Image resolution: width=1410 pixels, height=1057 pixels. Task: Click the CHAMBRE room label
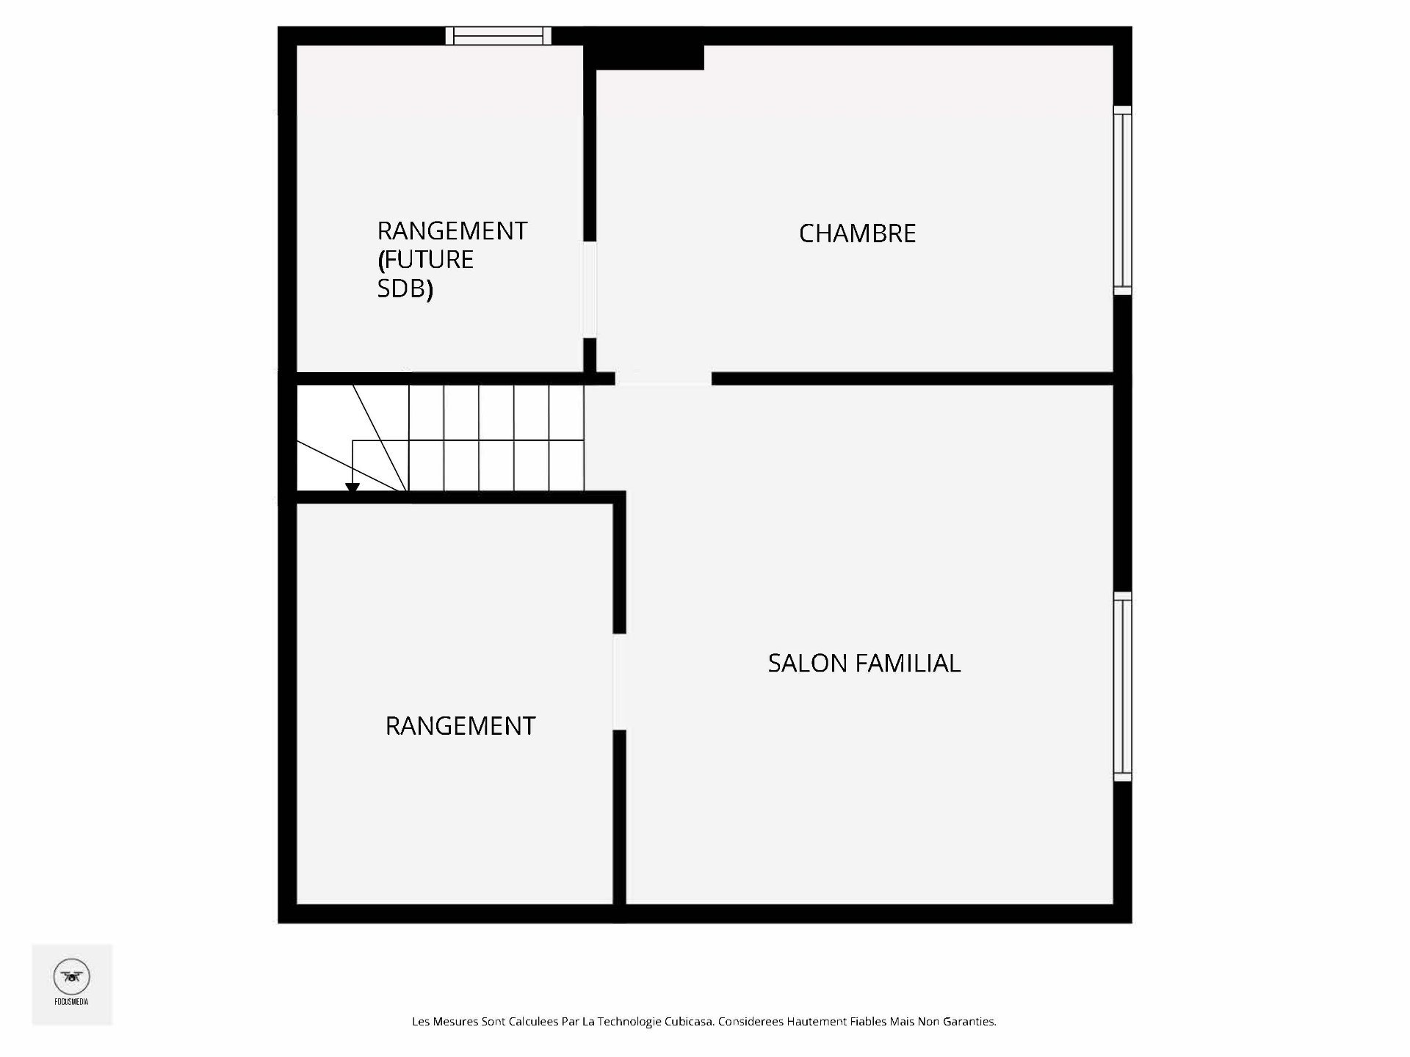tap(857, 233)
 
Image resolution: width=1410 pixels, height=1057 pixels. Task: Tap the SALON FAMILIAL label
tap(864, 663)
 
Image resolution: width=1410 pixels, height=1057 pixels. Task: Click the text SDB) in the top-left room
tap(405, 289)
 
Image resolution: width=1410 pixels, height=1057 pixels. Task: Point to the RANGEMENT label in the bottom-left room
tap(460, 726)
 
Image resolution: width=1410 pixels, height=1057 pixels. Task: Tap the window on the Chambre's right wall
tap(1122, 200)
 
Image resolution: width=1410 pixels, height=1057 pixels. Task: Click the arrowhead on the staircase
tap(352, 487)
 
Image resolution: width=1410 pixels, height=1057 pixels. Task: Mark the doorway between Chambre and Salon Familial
tap(663, 379)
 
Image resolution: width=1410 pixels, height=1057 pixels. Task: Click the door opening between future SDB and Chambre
tap(590, 289)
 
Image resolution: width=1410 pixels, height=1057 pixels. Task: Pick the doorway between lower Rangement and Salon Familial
tap(619, 681)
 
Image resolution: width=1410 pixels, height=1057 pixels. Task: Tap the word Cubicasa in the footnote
tap(688, 1021)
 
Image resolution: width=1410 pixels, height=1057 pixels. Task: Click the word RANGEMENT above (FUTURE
tap(452, 231)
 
